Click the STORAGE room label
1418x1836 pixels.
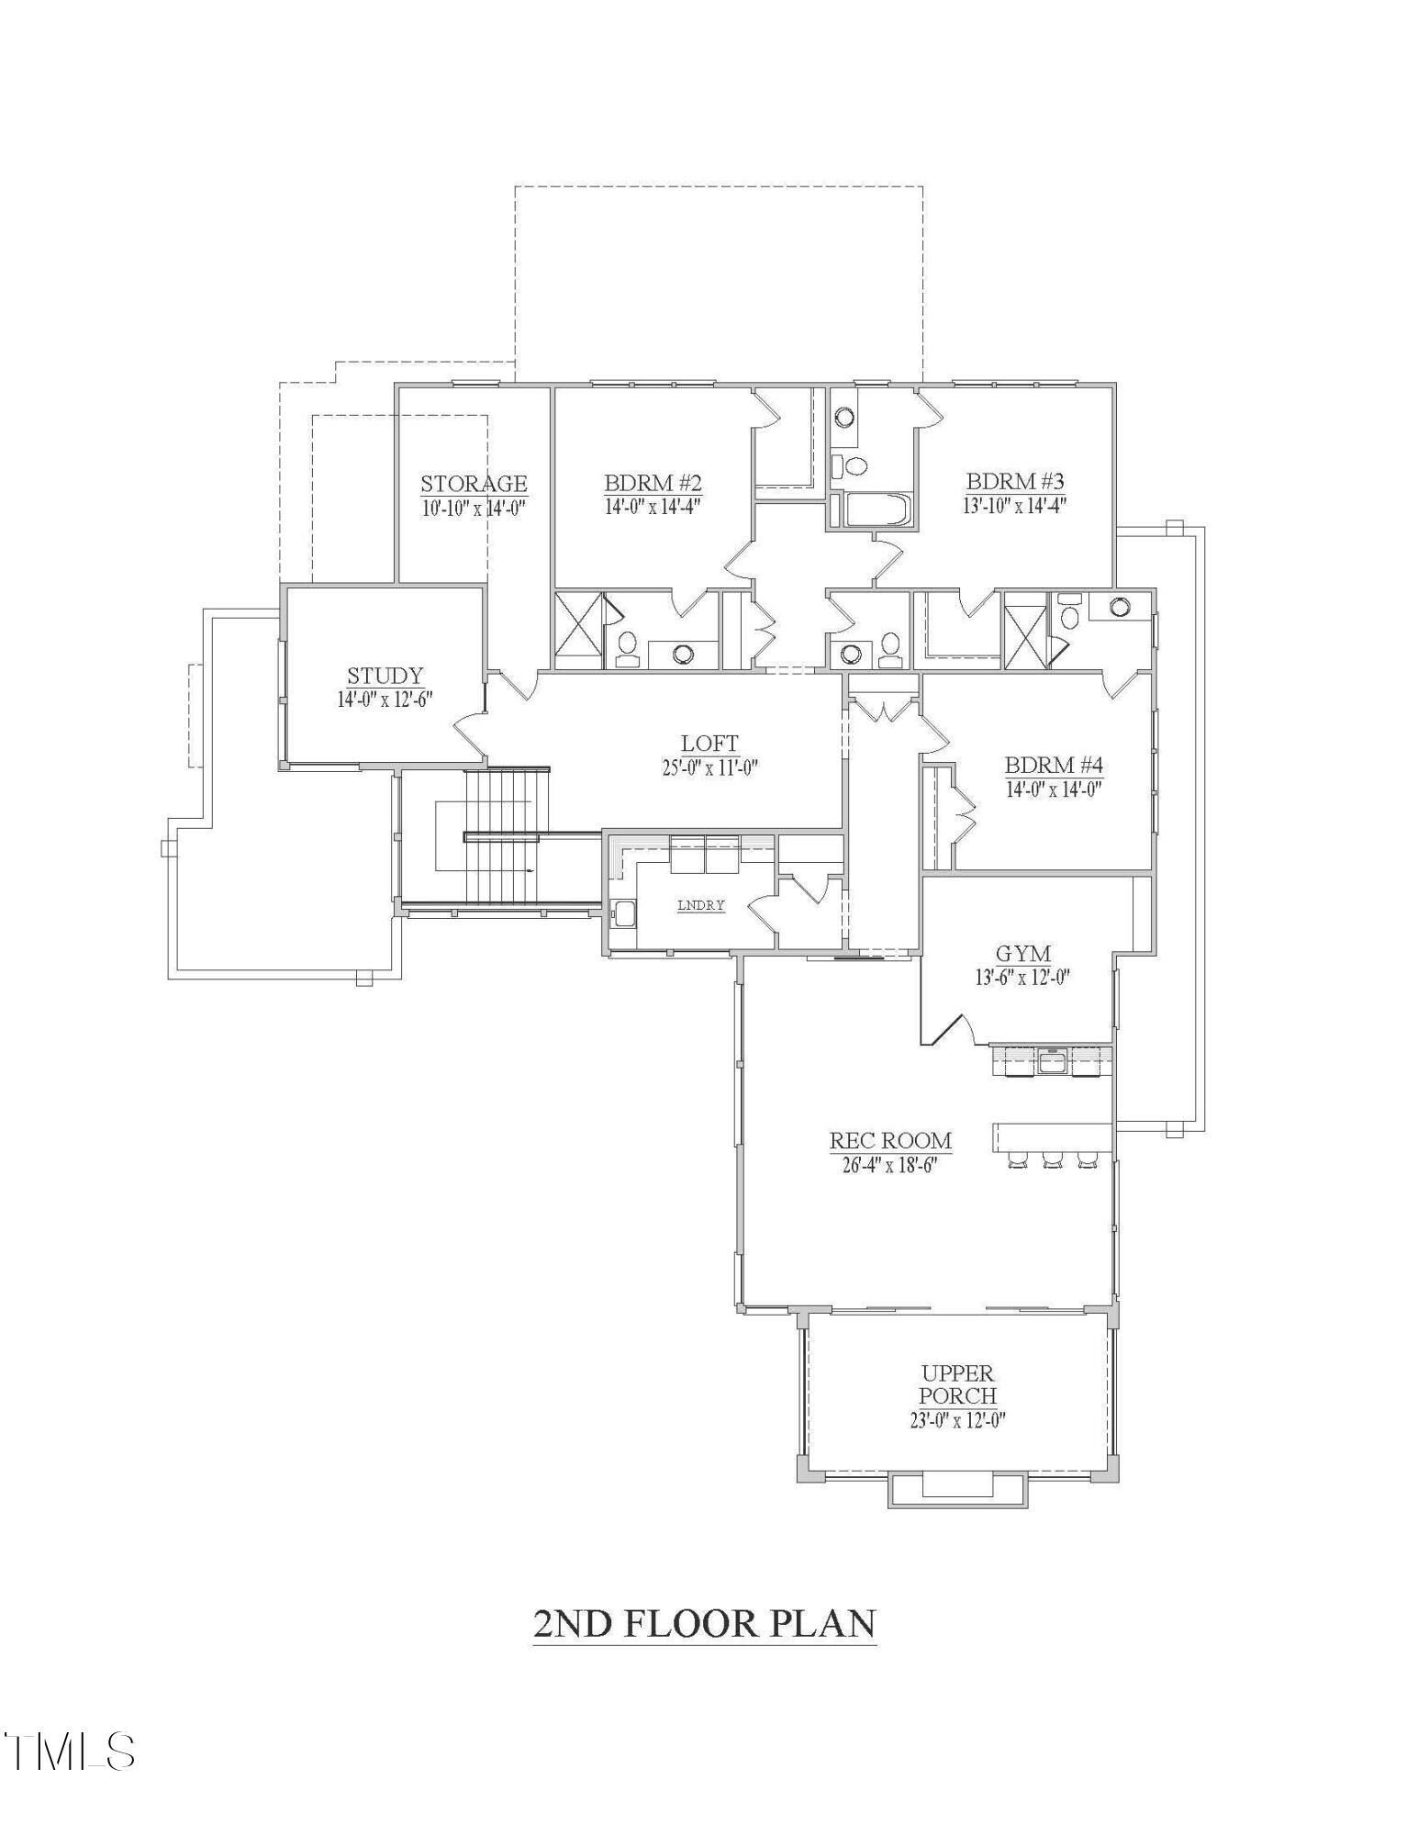474,484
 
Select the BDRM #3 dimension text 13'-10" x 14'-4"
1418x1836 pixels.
1014,505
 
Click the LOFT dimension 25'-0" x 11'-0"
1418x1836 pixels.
709,767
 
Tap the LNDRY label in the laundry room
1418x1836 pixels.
701,905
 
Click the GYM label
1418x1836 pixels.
1022,954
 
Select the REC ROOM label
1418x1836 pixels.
890,1141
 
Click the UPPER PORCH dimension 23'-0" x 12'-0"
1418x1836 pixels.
957,1420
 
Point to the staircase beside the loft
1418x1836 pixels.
498,837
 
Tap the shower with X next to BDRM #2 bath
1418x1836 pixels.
578,631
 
